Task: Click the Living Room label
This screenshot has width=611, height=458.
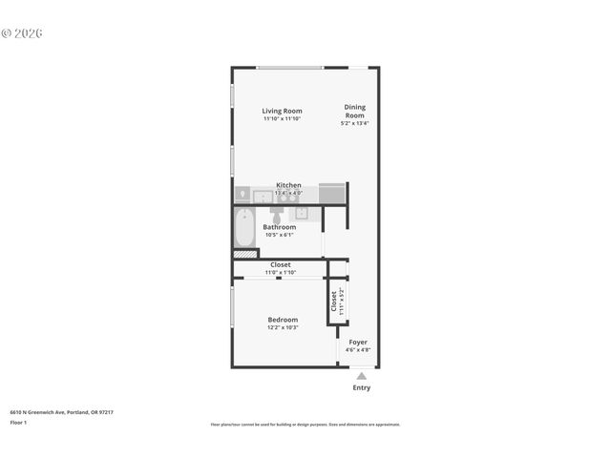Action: pyautogui.click(x=282, y=111)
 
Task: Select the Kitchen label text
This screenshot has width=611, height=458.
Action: pyautogui.click(x=288, y=185)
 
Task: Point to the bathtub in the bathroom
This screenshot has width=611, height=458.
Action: pyautogui.click(x=243, y=228)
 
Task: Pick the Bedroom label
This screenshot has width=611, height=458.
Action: pyautogui.click(x=283, y=320)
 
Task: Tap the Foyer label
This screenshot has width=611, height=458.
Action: pyautogui.click(x=357, y=342)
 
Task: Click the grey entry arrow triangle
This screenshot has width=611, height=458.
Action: pyautogui.click(x=361, y=376)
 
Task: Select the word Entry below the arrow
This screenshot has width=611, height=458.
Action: pyautogui.click(x=362, y=387)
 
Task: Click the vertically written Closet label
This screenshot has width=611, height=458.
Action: pyautogui.click(x=334, y=302)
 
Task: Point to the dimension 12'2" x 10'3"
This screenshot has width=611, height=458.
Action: pyautogui.click(x=283, y=328)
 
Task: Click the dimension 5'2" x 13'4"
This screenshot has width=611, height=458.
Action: pyautogui.click(x=354, y=123)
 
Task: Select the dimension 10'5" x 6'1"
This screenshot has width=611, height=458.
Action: pyautogui.click(x=280, y=235)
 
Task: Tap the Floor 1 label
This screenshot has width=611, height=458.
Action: pyautogui.click(x=18, y=422)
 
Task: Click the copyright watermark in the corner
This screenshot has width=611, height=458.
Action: pyautogui.click(x=22, y=32)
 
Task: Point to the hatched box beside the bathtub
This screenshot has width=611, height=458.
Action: pyautogui.click(x=245, y=254)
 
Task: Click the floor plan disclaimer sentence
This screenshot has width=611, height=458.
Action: pyautogui.click(x=305, y=425)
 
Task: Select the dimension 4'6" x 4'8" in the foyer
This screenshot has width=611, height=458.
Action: pyautogui.click(x=357, y=350)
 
